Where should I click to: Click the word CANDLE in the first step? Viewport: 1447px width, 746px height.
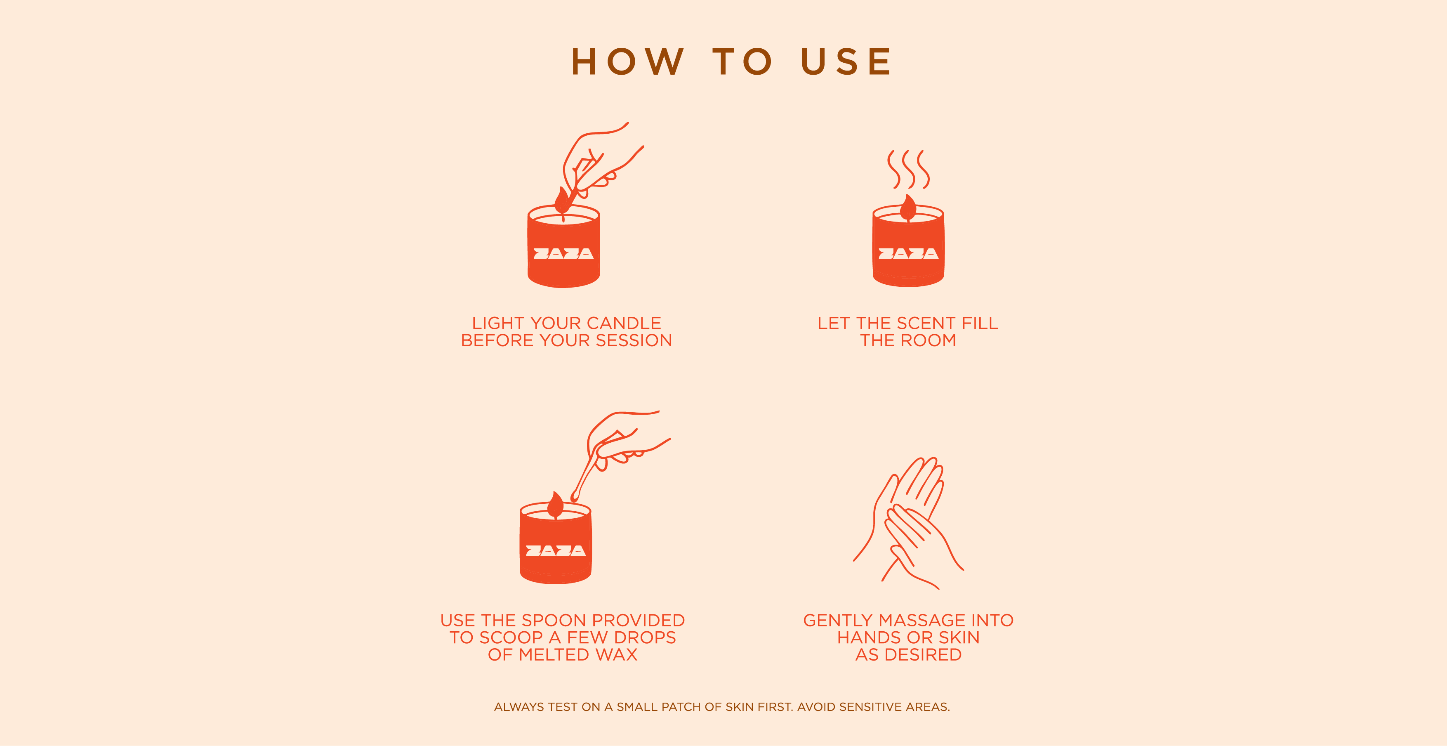(624, 323)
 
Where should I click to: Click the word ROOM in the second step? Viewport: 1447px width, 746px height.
(928, 340)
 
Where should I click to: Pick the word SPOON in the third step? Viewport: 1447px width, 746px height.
(554, 620)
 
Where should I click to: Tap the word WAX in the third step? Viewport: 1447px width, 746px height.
(616, 654)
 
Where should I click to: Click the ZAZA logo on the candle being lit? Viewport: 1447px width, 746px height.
(563, 254)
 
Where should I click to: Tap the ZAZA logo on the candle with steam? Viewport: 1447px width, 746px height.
(908, 254)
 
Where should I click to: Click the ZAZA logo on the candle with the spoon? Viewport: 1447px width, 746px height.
(556, 550)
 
